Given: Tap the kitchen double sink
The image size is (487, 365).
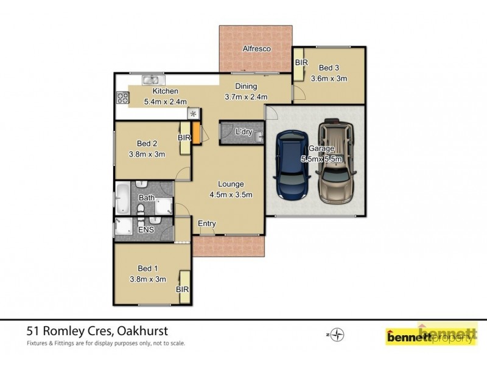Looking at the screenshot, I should [151, 79].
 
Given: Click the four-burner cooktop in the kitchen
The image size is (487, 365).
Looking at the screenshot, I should [122, 97].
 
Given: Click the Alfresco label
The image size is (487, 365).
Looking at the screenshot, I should [256, 48].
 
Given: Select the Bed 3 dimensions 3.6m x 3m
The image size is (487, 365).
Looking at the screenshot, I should [329, 78].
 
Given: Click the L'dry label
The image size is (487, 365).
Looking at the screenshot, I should [245, 132].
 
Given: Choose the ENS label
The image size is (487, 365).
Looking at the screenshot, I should [146, 230].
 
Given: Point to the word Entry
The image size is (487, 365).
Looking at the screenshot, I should [207, 224].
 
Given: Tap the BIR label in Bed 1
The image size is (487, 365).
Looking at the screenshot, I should [183, 290].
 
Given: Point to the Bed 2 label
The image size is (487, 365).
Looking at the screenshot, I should [147, 144].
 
